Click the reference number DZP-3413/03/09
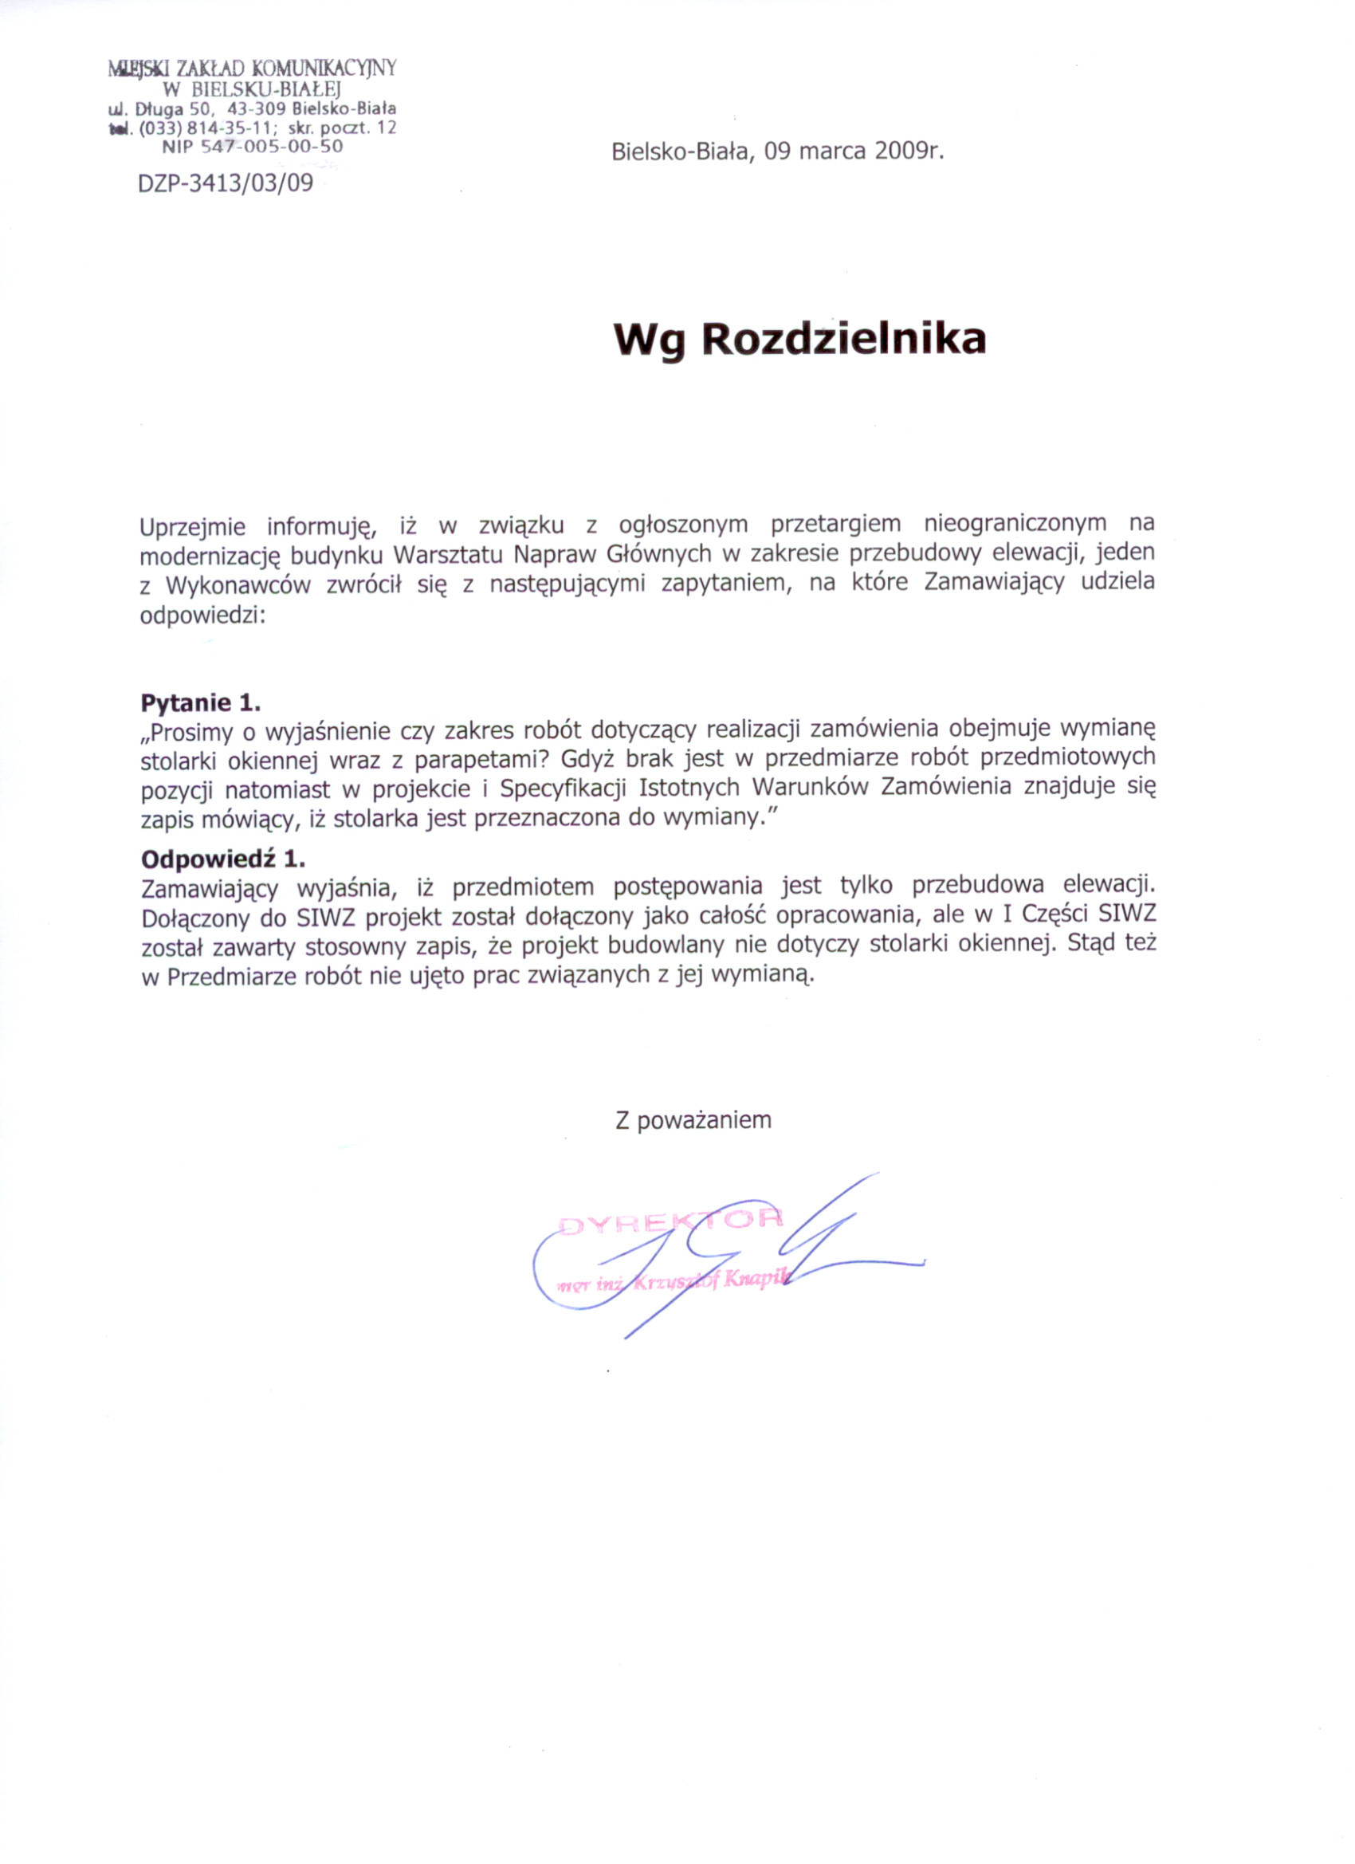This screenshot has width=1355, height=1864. [225, 183]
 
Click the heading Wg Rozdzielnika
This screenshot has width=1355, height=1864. [799, 339]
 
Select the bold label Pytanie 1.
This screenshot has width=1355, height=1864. [201, 702]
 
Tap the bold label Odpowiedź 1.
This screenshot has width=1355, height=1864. [222, 859]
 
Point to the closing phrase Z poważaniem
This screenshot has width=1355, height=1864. [693, 1120]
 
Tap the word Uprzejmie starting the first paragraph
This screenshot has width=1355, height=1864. [192, 526]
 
